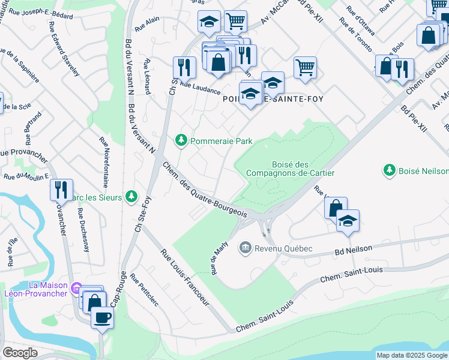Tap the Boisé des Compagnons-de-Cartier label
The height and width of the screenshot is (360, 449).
click(289, 167)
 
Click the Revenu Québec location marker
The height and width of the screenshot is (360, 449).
click(245, 247)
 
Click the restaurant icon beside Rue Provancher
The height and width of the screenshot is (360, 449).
click(61, 190)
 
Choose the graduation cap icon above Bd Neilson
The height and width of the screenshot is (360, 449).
click(348, 221)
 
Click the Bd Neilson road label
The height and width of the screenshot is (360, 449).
click(355, 248)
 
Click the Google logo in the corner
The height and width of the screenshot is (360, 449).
click(20, 353)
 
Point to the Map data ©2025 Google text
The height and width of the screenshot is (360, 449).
click(412, 355)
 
